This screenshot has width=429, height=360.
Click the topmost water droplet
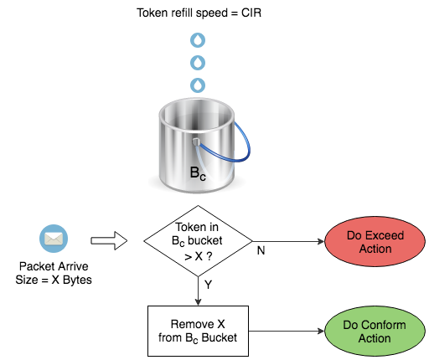(x=198, y=40)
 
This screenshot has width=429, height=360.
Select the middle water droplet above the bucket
(x=198, y=63)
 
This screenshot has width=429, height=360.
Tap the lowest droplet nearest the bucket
(x=198, y=85)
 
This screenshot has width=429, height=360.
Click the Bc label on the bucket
(x=198, y=175)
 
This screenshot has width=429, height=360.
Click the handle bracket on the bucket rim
(x=197, y=143)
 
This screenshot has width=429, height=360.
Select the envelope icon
(x=54, y=240)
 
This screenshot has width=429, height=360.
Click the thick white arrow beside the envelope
(x=108, y=241)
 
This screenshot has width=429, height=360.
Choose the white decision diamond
(x=198, y=241)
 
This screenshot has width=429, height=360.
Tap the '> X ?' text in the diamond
(x=198, y=255)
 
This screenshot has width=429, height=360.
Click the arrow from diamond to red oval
(x=287, y=241)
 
